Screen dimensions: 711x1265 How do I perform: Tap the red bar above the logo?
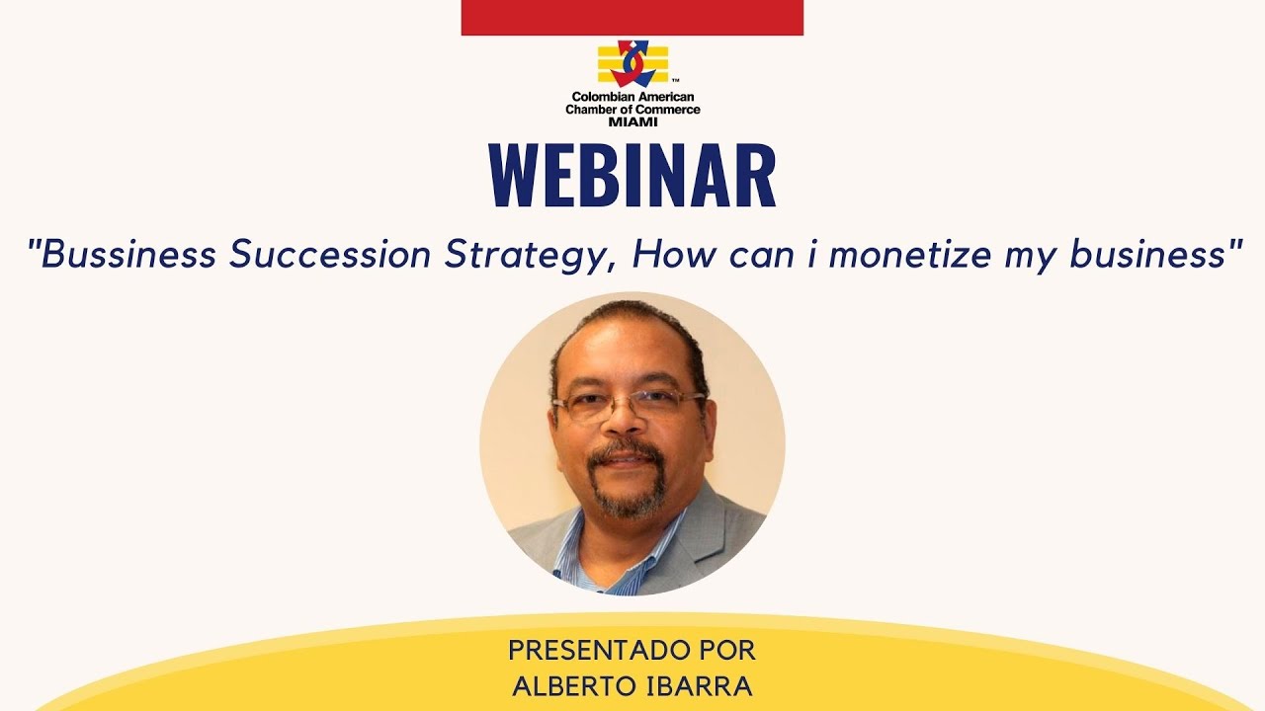pos(632,17)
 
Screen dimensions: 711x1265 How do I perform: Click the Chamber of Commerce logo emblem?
pos(632,63)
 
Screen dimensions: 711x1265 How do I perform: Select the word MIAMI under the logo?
pos(632,120)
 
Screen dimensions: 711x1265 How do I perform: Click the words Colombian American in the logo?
pos(632,98)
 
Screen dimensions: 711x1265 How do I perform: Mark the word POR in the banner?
pos(725,651)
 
